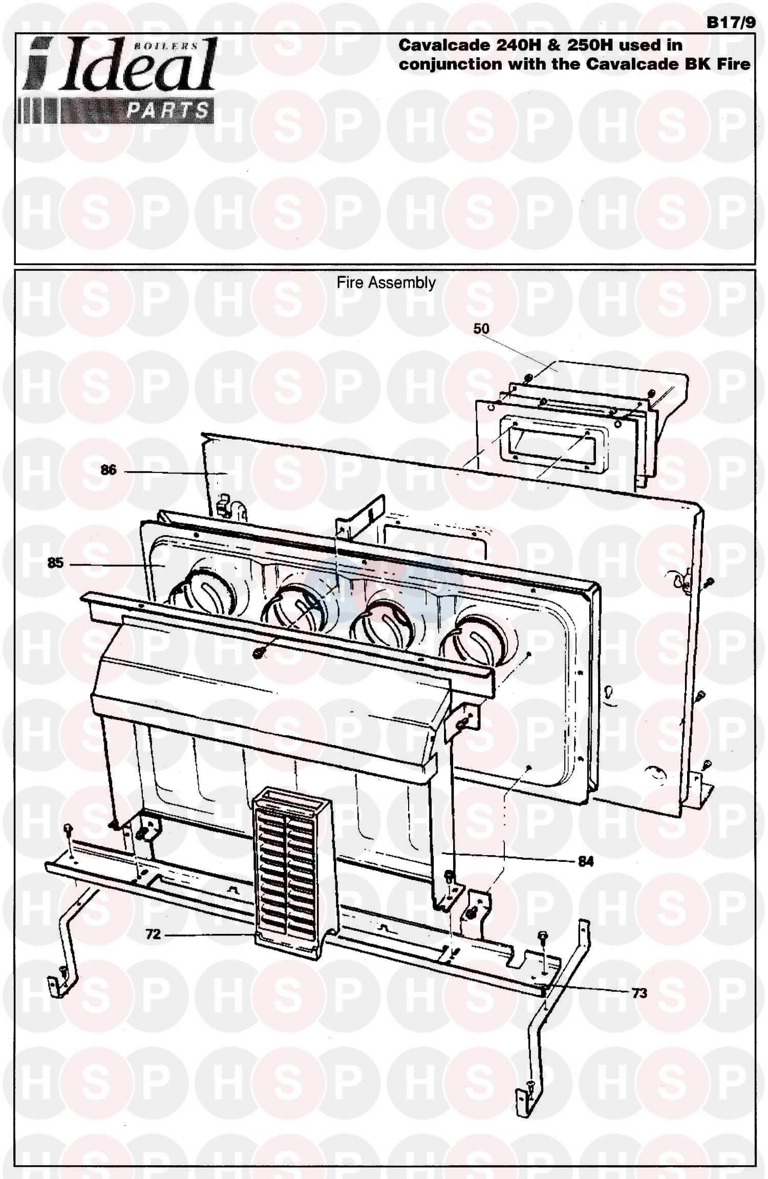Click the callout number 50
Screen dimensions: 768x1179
[481, 329]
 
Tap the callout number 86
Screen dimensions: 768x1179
[109, 470]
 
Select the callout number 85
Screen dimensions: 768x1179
[55, 563]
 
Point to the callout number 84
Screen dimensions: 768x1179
[585, 862]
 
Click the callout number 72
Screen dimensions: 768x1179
[153, 934]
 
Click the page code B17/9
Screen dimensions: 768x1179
[731, 23]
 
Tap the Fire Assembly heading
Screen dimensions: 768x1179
[386, 283]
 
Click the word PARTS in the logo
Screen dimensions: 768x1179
[167, 111]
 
